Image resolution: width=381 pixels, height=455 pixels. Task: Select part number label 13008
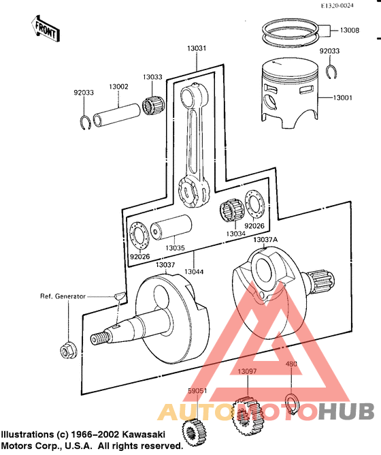[x=349, y=31]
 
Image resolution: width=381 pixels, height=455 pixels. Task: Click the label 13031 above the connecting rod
[x=197, y=48]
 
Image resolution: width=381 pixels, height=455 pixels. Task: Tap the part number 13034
[x=236, y=234]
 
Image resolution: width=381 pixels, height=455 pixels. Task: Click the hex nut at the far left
[x=67, y=350]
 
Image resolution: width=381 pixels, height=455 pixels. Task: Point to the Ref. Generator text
[x=63, y=296]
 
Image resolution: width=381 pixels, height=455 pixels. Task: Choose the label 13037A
[x=265, y=240]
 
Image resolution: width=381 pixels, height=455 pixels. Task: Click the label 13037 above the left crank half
[x=166, y=264]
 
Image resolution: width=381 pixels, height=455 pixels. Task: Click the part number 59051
[x=197, y=392]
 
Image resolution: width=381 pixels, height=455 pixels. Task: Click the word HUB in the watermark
[x=346, y=412]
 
